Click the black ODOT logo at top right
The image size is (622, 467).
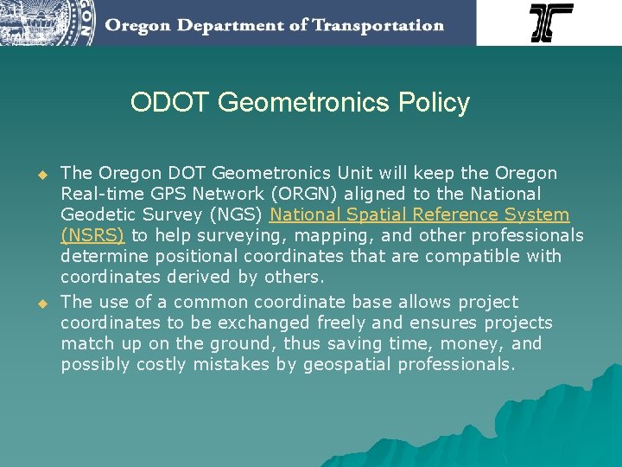click(551, 22)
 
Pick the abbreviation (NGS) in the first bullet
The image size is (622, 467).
click(238, 214)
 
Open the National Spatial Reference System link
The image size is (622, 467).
click(420, 214)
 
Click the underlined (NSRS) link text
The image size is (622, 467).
click(92, 235)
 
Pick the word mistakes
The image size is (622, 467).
click(232, 364)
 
